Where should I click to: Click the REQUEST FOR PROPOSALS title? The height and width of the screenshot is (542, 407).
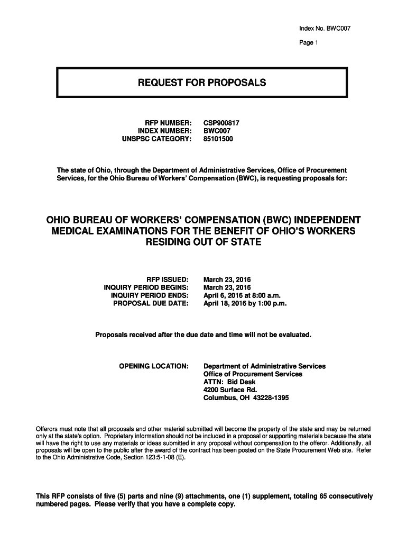click(202, 83)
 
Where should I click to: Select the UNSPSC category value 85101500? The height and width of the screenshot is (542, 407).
click(218, 139)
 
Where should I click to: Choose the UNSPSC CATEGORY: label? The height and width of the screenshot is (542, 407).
click(156, 139)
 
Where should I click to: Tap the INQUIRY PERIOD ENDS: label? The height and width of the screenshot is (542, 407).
click(150, 295)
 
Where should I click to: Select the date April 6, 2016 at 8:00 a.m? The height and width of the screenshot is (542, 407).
click(242, 295)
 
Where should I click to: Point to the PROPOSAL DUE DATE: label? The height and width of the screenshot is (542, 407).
click(151, 304)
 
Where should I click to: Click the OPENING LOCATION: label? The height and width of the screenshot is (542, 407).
click(154, 366)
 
